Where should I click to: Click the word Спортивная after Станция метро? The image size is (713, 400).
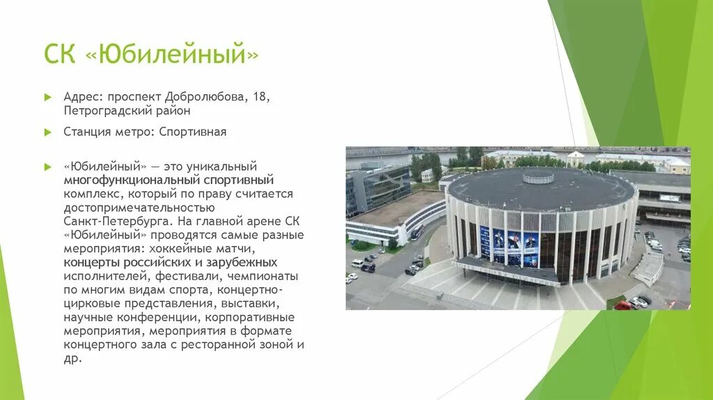coord(192,131)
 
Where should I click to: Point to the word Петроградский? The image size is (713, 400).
coord(102,110)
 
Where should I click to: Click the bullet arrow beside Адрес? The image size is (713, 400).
coord(48,96)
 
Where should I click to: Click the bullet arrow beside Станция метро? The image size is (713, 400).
coord(48,131)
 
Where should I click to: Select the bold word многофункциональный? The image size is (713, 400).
coord(119,180)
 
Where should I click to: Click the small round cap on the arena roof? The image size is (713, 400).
coord(538,176)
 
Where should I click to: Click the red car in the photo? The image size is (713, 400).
coord(622,305)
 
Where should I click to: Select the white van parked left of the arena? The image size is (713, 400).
coord(357,263)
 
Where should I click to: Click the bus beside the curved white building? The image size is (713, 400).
coord(417,232)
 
